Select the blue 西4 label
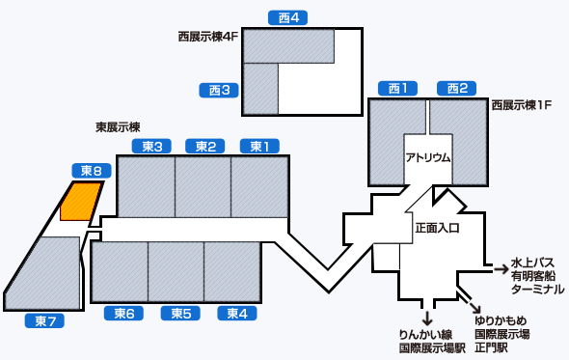(x=287, y=17)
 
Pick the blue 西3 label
(x=218, y=90)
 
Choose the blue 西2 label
(x=457, y=89)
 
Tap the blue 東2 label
(x=204, y=146)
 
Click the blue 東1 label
(x=258, y=146)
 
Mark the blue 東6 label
(x=122, y=313)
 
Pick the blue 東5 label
(x=179, y=313)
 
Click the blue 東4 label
(x=235, y=313)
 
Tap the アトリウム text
(x=428, y=157)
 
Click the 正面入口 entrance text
(x=437, y=229)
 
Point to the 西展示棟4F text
(x=207, y=36)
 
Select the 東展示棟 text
(x=118, y=126)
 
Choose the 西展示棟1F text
(x=521, y=103)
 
